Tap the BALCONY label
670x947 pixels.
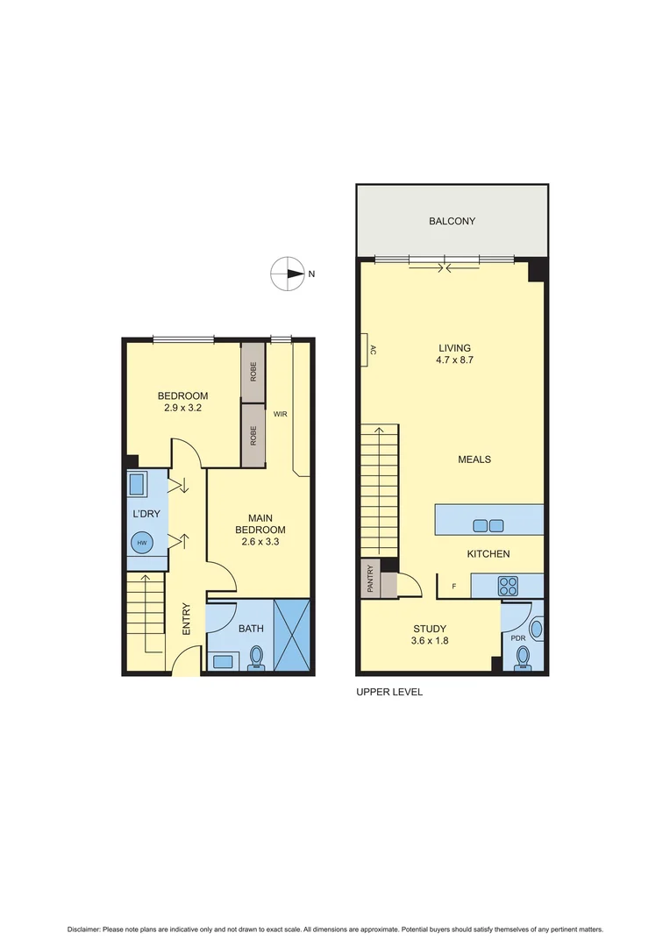(452, 221)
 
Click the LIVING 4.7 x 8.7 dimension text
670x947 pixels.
(455, 354)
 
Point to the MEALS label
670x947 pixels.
(474, 459)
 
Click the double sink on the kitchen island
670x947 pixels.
(488, 525)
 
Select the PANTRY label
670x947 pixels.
(370, 580)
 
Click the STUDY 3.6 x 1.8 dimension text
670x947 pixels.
(430, 635)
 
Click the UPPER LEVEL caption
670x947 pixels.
(389, 692)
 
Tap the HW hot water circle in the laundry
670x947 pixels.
(141, 543)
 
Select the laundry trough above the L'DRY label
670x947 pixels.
(139, 484)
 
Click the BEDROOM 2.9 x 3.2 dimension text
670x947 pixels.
(183, 402)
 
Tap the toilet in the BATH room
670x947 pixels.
(257, 657)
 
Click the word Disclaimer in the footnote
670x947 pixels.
(83, 929)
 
